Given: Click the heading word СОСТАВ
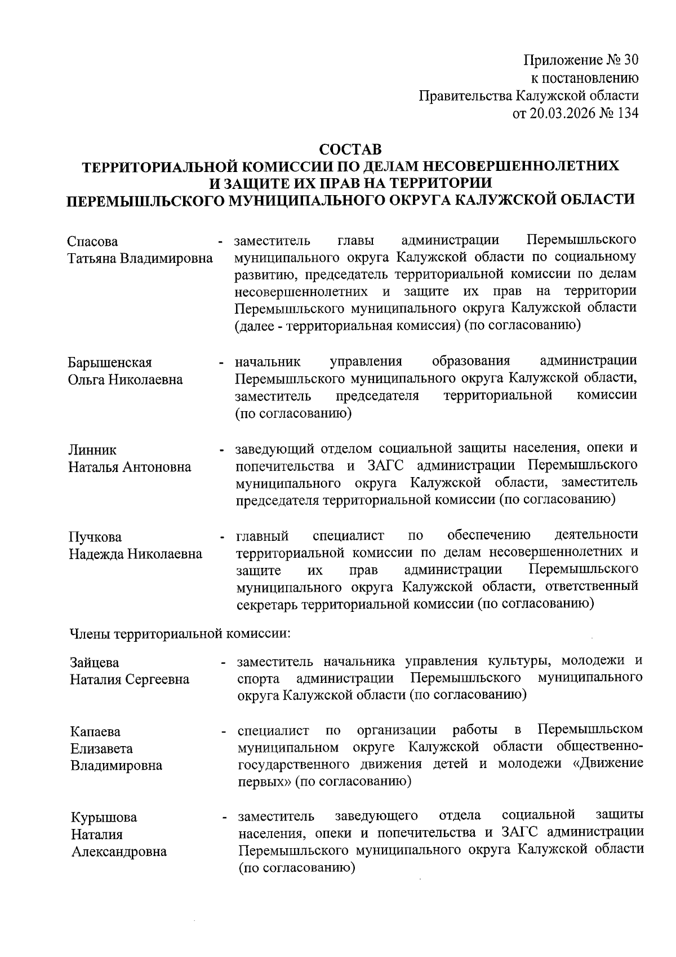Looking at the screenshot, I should coord(350,150).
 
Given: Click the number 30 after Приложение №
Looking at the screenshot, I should coord(631,60).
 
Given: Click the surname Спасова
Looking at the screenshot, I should coord(93,242).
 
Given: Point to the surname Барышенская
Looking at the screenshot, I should coord(110,363).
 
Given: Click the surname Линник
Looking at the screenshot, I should coord(92,450).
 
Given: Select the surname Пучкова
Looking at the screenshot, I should coord(95,537).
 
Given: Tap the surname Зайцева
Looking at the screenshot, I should coord(95,663).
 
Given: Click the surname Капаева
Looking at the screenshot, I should coord(95,732).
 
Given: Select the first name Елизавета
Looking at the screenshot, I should coord(101,749).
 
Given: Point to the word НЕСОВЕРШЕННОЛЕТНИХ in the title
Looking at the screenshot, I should coord(521,166).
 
